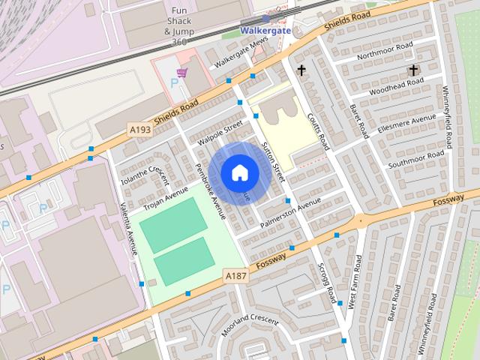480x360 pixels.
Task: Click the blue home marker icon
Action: tap(239, 172)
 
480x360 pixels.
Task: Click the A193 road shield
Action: tap(140, 130)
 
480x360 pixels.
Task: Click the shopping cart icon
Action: tap(181, 73)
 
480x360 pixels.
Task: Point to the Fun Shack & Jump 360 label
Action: tap(178, 22)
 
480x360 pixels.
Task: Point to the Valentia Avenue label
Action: tap(126, 230)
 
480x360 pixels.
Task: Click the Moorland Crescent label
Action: tap(250, 325)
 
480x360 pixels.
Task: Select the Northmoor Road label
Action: tap(385, 51)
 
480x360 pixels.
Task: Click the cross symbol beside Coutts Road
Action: tap(301, 70)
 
